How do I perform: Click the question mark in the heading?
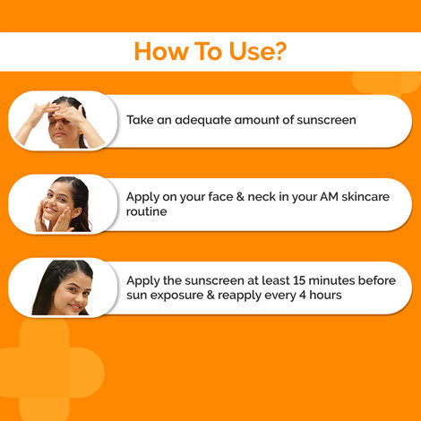pyautogui.click(x=280, y=51)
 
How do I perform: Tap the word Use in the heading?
pyautogui.click(x=247, y=51)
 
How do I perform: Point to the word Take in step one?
pyautogui.click(x=141, y=119)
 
